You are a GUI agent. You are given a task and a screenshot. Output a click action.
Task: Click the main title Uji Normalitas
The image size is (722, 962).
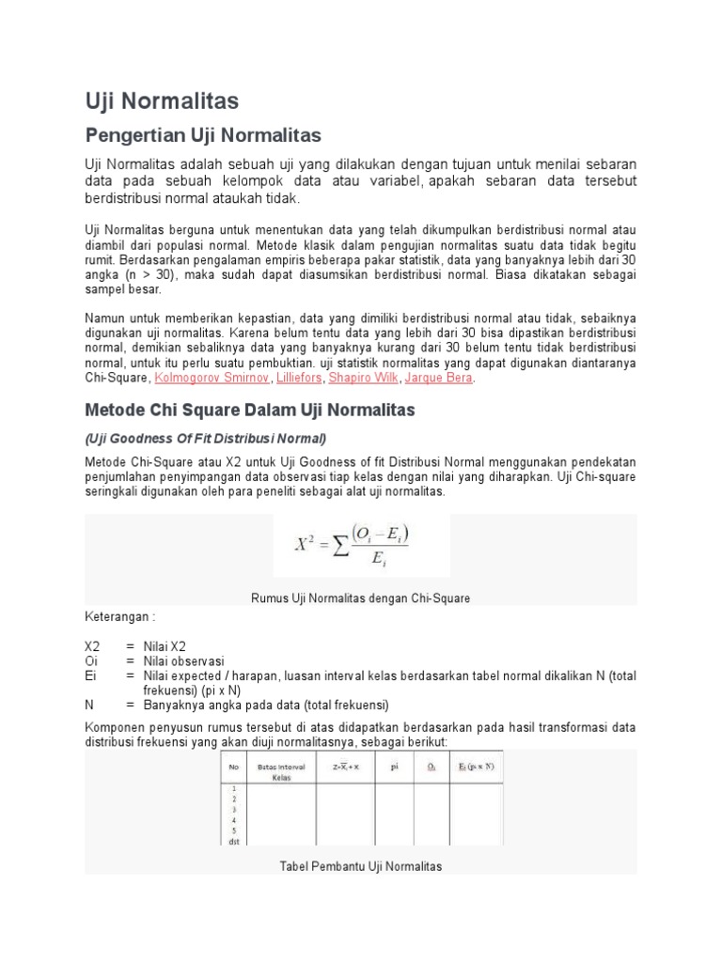(162, 101)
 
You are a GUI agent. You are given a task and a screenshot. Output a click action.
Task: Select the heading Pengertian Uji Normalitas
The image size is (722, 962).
(203, 133)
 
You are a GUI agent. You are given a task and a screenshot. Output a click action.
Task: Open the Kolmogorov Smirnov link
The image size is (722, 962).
(212, 378)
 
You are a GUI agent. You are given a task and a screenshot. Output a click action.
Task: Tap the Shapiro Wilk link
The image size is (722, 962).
(362, 378)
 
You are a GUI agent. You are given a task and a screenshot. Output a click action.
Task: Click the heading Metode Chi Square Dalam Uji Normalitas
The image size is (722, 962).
(249, 411)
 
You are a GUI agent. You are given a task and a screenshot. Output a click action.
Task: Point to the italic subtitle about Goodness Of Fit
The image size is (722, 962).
(205, 439)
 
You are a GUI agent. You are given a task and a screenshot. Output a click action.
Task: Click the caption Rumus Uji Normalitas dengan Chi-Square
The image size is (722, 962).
(360, 597)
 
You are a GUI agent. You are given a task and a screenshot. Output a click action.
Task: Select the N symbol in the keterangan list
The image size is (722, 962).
(89, 705)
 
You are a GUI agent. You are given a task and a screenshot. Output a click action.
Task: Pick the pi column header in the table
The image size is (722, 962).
(395, 766)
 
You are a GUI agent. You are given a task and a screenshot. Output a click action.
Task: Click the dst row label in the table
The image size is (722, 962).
(231, 841)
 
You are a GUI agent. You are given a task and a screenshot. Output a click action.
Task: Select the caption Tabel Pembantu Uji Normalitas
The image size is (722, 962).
(360, 865)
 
